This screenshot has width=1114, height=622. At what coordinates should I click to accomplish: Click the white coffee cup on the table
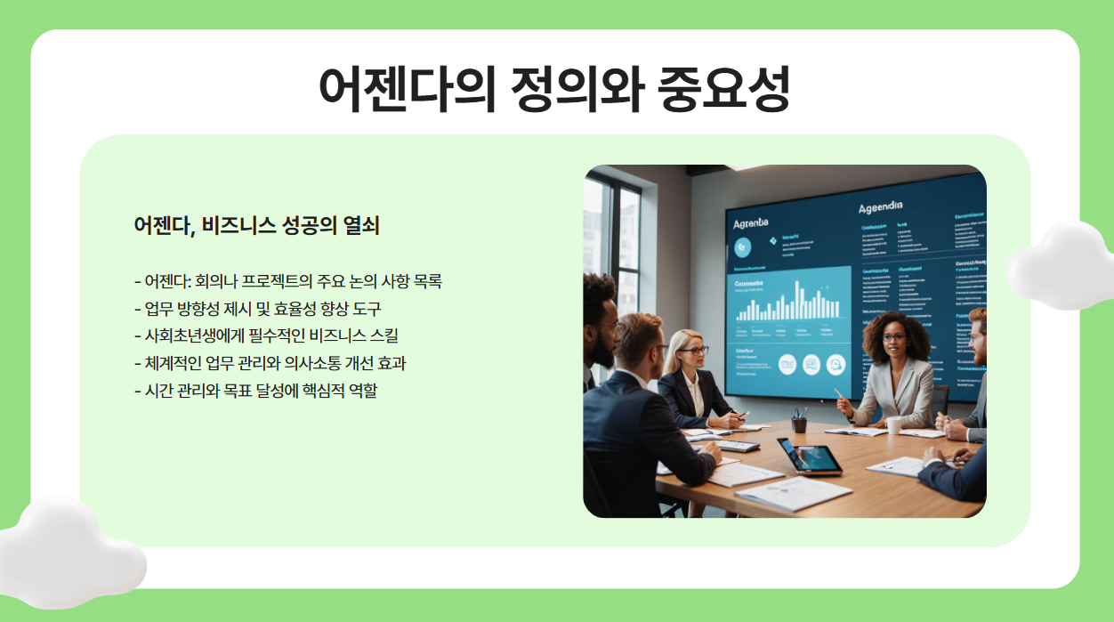click(x=893, y=425)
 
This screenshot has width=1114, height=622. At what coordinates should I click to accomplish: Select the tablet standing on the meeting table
click(x=808, y=456)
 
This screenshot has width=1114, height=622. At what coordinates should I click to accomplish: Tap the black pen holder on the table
click(x=798, y=424)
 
